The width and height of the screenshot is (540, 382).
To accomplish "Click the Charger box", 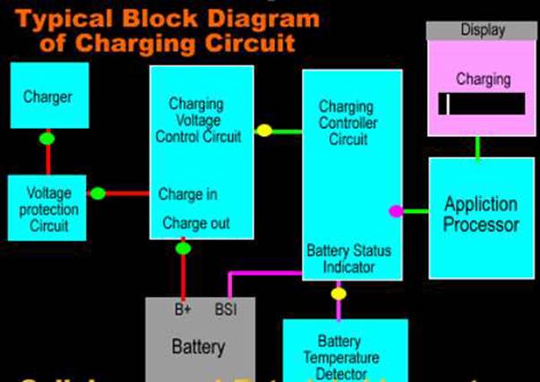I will click(x=47, y=95).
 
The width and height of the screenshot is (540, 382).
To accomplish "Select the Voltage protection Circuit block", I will click(x=47, y=208).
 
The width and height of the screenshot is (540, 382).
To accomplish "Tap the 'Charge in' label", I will click(x=187, y=194).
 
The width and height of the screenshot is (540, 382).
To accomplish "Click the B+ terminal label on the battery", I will click(x=183, y=310).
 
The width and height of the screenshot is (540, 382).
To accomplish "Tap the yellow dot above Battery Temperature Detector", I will click(x=338, y=293).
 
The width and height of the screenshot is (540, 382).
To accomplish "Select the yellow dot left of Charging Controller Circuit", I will click(x=264, y=131).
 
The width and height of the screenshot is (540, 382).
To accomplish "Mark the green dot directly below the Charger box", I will click(x=47, y=139).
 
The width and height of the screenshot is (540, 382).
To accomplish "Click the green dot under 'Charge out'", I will click(x=184, y=248).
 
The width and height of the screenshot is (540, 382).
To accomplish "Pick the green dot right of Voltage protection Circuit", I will click(x=98, y=193).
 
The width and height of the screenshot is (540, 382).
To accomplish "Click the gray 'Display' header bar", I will click(x=482, y=30).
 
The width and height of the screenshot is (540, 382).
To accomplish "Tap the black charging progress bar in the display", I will click(x=482, y=105).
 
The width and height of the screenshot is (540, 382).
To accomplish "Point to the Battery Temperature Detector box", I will click(x=345, y=350).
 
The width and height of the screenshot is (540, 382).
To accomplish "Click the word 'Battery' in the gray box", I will click(x=198, y=346).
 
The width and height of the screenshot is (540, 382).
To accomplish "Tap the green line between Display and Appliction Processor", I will click(x=477, y=148).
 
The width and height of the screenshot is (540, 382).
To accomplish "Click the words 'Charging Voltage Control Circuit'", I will click(x=198, y=121).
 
